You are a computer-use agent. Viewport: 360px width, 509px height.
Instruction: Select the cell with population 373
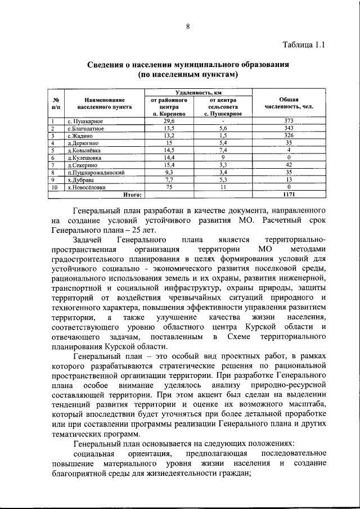[x=289, y=121]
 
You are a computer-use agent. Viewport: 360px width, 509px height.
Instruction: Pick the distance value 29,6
[x=169, y=121]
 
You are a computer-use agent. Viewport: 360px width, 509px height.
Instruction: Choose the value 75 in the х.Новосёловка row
[x=169, y=187]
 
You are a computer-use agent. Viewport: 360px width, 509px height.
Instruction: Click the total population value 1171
[x=289, y=194]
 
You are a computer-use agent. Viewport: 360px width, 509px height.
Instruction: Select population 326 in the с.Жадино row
[x=289, y=136]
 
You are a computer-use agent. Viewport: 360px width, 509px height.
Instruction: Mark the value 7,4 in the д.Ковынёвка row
[x=223, y=150]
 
